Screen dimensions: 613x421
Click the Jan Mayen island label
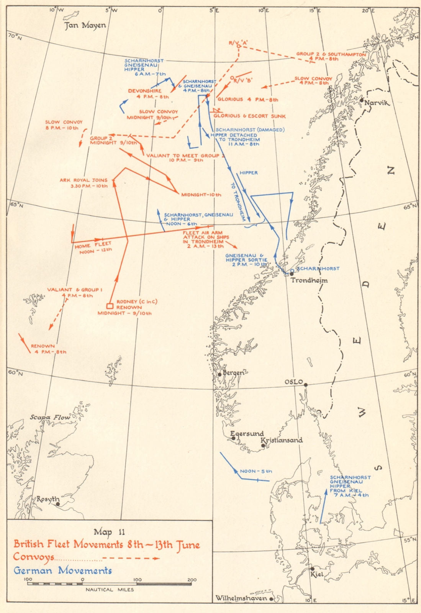(x=85, y=25)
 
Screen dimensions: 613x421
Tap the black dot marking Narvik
(x=362, y=100)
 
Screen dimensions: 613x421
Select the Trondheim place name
(x=309, y=280)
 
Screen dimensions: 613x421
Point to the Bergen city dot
(x=220, y=375)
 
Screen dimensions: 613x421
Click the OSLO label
(x=294, y=382)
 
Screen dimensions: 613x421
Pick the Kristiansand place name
(x=282, y=440)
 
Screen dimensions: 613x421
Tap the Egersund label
(x=247, y=433)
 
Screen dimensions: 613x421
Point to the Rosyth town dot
(x=57, y=504)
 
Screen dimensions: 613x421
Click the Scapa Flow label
(x=50, y=417)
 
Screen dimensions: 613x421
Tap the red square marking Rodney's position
(x=110, y=306)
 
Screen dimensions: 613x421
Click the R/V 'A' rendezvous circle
(x=238, y=46)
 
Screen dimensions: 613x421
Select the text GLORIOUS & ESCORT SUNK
(x=249, y=116)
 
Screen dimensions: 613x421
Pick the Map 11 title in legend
(x=109, y=532)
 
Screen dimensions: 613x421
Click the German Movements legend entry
(x=63, y=570)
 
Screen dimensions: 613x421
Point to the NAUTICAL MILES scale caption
(x=110, y=590)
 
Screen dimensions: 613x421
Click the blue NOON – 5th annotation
(x=256, y=471)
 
